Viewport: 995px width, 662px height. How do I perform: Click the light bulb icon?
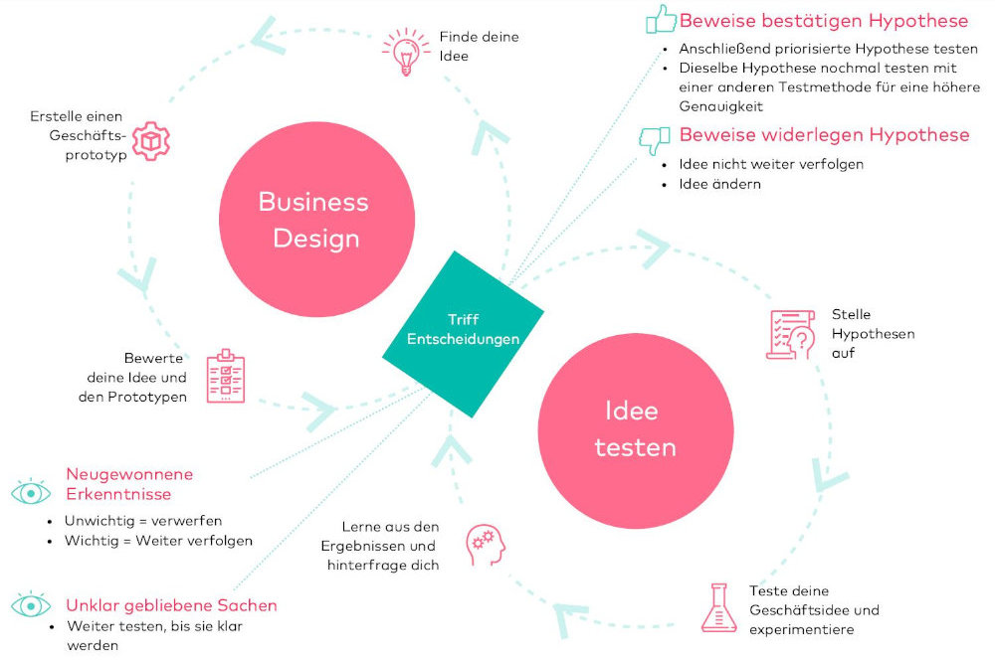(x=406, y=52)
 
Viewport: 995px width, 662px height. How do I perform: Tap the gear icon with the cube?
(x=151, y=141)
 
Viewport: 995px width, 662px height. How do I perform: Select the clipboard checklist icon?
(x=225, y=376)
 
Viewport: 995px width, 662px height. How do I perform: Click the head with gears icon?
(x=487, y=545)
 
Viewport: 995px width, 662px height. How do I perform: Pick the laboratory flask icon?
(x=719, y=608)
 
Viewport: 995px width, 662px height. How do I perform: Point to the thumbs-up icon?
(x=661, y=19)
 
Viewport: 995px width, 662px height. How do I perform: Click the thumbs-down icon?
(x=655, y=140)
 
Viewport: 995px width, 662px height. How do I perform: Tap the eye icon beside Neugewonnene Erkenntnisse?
(x=31, y=492)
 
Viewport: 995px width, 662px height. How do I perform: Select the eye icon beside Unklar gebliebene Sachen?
(x=31, y=605)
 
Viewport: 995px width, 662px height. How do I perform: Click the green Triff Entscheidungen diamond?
(x=464, y=334)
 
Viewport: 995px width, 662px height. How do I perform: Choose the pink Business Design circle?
(x=316, y=220)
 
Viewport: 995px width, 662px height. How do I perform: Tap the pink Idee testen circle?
(x=636, y=430)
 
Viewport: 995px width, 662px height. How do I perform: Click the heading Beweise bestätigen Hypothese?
(x=824, y=21)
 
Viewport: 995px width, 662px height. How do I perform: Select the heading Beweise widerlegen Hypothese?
(x=824, y=134)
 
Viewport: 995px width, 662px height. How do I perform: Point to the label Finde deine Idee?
(x=480, y=47)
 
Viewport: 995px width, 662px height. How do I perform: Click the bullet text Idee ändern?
(x=719, y=184)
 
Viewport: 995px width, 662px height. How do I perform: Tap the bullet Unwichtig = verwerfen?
(x=143, y=521)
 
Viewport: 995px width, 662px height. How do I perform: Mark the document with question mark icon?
(x=791, y=334)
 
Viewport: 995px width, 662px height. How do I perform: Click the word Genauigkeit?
(x=720, y=106)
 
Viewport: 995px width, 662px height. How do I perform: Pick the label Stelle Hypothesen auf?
(x=874, y=334)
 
